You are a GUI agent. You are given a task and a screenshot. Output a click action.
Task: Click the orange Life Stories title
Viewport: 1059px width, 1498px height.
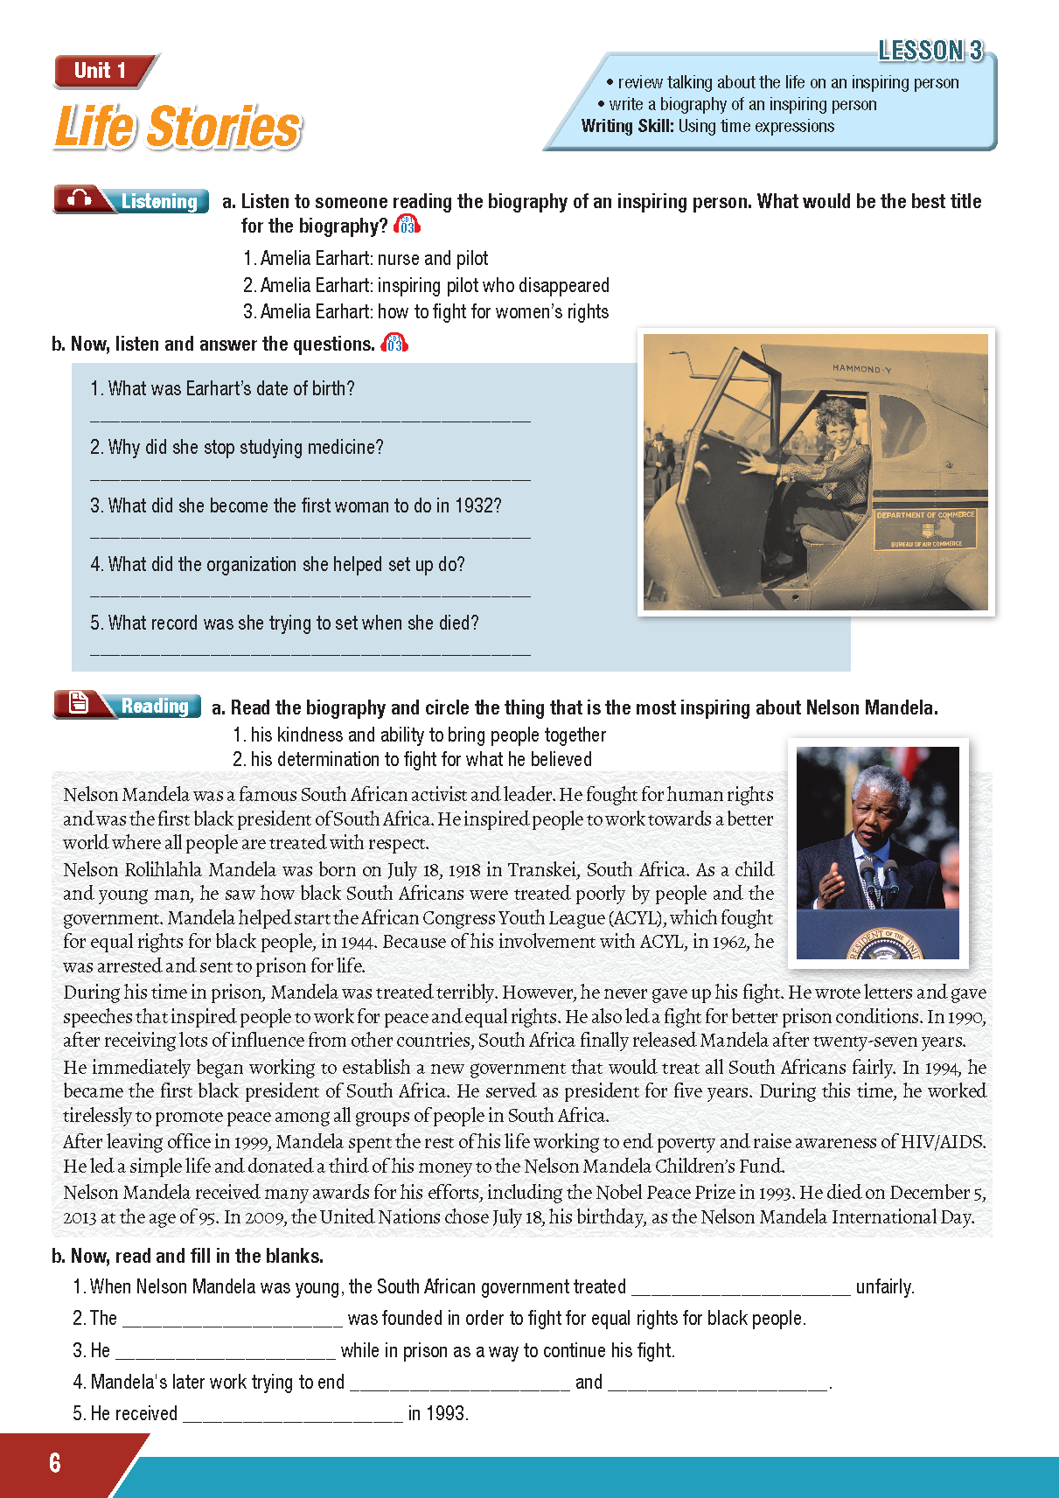coord(178,127)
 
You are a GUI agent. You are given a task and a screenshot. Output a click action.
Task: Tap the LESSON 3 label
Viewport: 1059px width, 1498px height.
coord(930,51)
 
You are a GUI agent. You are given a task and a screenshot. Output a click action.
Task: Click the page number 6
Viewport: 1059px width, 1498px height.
coord(55,1463)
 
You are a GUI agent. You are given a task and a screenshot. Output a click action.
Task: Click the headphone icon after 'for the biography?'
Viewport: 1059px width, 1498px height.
coord(408,226)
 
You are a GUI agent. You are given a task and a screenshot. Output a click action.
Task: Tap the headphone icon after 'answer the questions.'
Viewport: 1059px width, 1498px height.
coord(394,344)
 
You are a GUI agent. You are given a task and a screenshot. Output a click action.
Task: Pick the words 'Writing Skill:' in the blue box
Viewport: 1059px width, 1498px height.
coord(627,126)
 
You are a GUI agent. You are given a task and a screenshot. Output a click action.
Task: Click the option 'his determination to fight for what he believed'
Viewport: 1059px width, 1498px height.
coord(421,759)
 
